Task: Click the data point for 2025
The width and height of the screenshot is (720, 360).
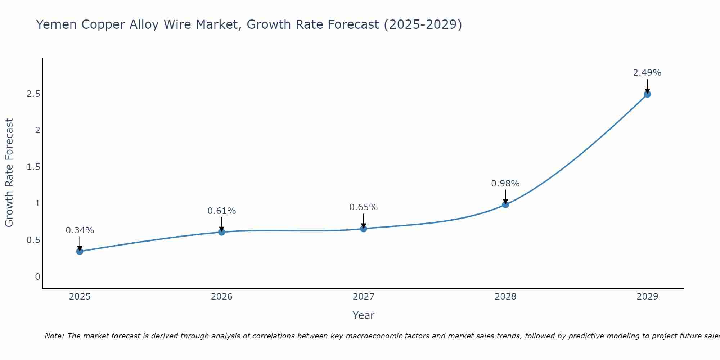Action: tap(80, 251)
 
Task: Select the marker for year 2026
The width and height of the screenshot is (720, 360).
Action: tap(222, 232)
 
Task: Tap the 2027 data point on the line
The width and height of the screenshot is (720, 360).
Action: tap(364, 229)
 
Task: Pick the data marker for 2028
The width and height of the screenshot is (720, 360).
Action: tap(505, 204)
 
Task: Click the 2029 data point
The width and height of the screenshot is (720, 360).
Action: tap(647, 94)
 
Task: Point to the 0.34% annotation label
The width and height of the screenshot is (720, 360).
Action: tap(80, 230)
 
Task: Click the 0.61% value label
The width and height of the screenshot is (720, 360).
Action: tap(222, 211)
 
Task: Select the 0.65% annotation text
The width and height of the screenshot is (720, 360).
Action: tap(364, 207)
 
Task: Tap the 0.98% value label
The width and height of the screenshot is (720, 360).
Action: tap(505, 184)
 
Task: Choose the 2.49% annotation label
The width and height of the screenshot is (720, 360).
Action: tap(647, 73)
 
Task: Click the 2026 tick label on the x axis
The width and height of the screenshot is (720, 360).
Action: tap(222, 297)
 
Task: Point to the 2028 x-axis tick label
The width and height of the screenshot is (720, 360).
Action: tap(505, 297)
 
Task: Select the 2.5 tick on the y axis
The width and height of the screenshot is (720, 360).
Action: tap(33, 94)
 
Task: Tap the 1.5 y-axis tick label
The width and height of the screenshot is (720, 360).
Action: tap(33, 167)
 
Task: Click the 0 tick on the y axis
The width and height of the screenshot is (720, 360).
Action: tap(37, 277)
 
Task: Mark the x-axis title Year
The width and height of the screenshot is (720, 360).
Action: tap(364, 315)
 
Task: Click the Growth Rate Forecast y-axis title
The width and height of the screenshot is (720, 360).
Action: tap(9, 173)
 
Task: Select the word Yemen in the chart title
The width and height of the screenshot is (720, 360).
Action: tap(56, 25)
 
